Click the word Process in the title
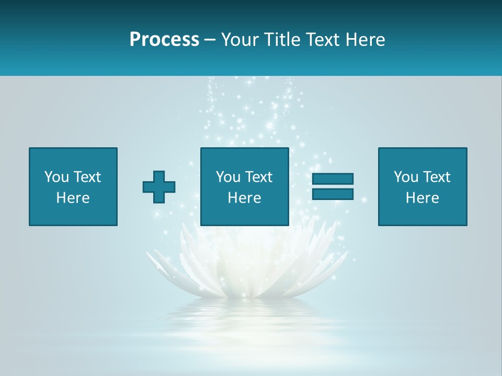tap(164, 40)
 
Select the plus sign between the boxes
tap(159, 186)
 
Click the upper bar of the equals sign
tap(333, 179)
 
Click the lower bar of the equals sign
tap(333, 194)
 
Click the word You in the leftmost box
tap(56, 177)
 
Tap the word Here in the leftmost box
tap(73, 198)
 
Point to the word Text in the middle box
tap(258, 177)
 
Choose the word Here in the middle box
tap(244, 198)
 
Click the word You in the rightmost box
tap(406, 177)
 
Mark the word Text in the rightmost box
tap(436, 177)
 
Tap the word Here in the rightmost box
tap(422, 198)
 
